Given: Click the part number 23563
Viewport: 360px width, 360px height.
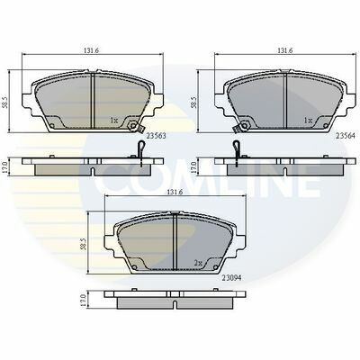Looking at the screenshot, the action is tap(156, 136).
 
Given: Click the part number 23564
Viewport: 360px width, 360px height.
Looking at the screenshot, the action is tap(346, 136).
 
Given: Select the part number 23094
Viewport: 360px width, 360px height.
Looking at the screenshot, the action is tap(231, 278).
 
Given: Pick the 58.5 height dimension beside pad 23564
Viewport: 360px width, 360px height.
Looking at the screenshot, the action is tap(194, 102).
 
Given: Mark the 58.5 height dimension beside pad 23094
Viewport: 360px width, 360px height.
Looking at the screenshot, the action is tap(84, 244).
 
